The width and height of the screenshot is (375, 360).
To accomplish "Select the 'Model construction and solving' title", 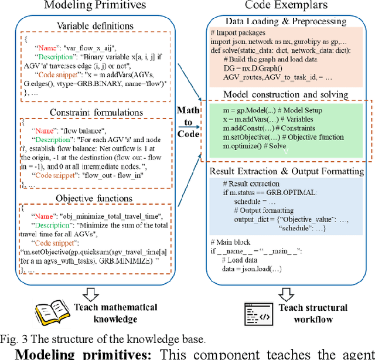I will pos(286,94).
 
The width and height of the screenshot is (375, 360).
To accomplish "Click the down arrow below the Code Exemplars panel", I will pos(287,292).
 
